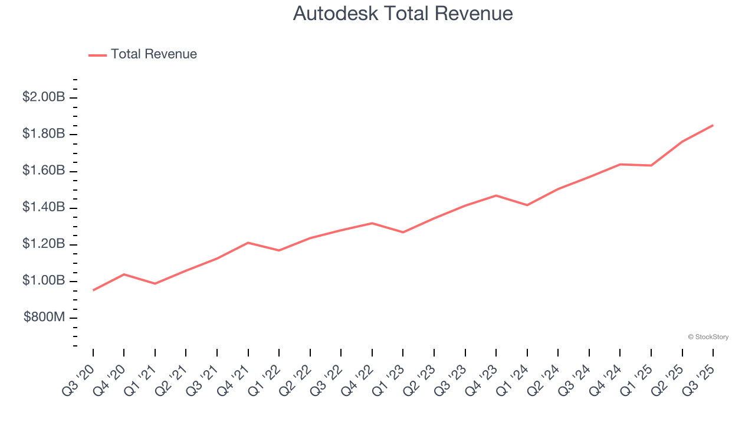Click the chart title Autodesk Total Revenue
tap(403, 14)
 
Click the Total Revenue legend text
tap(153, 54)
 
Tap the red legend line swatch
tap(97, 55)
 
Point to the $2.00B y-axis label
tap(44, 97)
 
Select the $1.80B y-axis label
tap(44, 134)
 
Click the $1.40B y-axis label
tap(44, 207)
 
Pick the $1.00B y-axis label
tap(44, 280)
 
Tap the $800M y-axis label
tap(44, 318)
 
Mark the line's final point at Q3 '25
tap(713, 125)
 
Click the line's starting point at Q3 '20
tap(93, 290)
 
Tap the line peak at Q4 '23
tap(496, 195)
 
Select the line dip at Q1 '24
tap(527, 205)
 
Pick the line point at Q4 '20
tap(124, 274)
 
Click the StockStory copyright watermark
tap(708, 337)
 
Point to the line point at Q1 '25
tap(651, 165)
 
